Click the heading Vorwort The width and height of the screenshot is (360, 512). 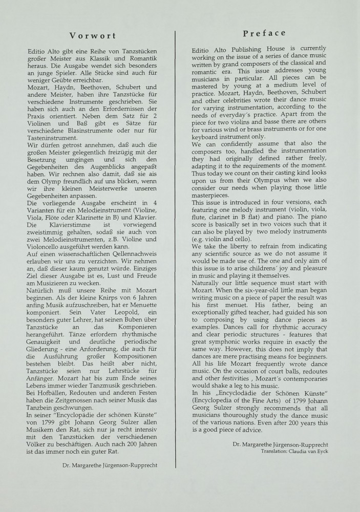coord(92,36)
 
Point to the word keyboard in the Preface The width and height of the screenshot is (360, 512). coord(205,137)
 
